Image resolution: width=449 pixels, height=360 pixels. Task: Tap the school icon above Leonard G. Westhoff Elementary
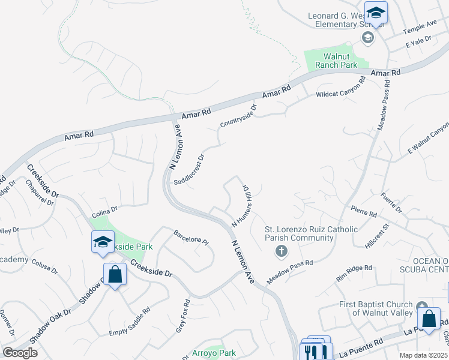pos(376,13)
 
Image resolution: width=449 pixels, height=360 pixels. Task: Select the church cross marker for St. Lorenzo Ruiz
pos(281,251)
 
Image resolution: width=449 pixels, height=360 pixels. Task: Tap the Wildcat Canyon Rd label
pos(341,88)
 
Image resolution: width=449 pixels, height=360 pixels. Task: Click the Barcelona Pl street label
pos(191,238)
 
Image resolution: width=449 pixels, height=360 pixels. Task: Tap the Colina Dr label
pos(104,212)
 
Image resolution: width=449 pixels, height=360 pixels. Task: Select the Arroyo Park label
pos(214,353)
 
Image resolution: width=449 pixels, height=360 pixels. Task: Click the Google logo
pos(19,353)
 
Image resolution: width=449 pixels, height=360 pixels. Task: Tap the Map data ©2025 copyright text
pos(424,355)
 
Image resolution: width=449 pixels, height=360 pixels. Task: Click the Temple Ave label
pos(420,26)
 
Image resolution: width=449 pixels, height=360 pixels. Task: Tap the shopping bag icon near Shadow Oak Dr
pos(115,275)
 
